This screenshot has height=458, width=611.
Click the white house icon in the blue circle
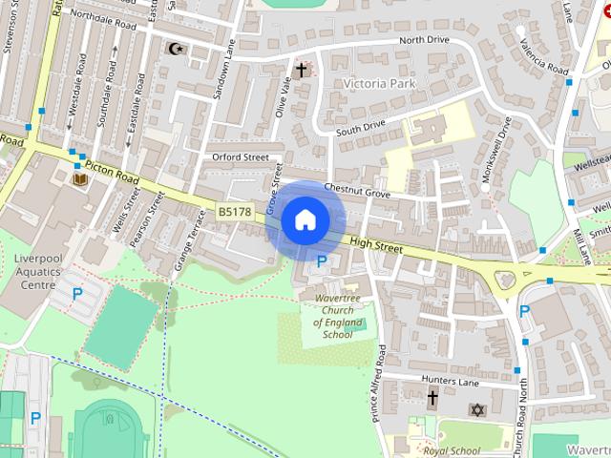pos(305,219)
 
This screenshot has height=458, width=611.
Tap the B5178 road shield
pos(235,212)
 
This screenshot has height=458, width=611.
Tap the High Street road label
pos(377,245)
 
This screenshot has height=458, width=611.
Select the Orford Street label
pos(241,156)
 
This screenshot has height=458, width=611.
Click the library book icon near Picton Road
pos(80,177)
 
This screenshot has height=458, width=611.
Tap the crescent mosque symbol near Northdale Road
pos(175,48)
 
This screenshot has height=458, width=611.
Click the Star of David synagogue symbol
pos(478,409)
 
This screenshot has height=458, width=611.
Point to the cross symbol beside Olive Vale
pos(302,70)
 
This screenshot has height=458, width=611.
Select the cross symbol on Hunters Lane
pos(432,398)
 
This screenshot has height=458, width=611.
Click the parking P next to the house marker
pos(322,260)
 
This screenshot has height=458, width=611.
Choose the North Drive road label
pos(424,40)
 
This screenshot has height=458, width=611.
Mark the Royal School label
pos(452,450)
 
